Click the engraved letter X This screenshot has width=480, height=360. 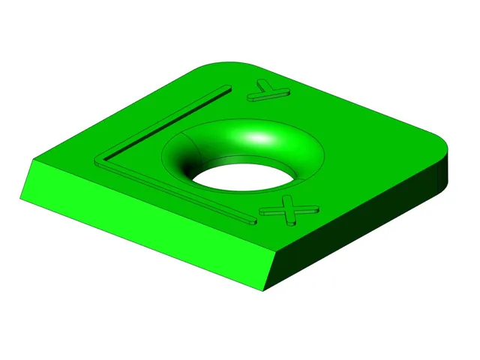point(289,211)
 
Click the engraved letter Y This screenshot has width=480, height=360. point(268,91)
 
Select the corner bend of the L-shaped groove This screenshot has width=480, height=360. point(100,160)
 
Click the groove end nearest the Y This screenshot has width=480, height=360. point(227,88)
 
